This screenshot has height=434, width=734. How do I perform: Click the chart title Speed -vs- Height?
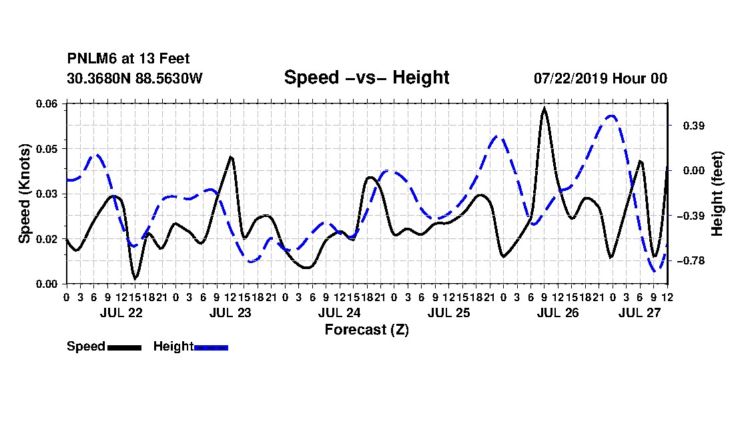pos(366,77)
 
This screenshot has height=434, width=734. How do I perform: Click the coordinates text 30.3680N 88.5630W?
pos(135,78)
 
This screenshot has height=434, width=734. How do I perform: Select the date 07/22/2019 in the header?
pos(571,78)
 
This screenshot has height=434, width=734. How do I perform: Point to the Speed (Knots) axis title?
pos(24,194)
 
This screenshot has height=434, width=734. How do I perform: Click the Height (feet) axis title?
pos(717,194)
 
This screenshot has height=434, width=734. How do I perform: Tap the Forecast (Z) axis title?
pos(366,330)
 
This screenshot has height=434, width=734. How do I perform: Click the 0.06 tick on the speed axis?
pos(47,103)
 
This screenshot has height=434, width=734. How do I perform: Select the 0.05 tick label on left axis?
pos(47,149)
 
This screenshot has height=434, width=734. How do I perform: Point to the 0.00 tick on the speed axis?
pos(47,284)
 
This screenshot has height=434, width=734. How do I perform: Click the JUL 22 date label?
pos(121,312)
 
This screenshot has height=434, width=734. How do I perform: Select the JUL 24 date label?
pos(340,312)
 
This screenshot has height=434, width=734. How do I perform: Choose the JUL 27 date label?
pos(639,312)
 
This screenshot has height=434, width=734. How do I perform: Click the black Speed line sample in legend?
pos(125,347)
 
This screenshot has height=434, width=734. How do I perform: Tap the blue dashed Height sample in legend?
pos(211,347)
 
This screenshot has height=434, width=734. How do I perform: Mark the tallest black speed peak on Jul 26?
pos(544,109)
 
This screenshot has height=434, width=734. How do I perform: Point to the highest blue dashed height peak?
pos(611,116)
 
